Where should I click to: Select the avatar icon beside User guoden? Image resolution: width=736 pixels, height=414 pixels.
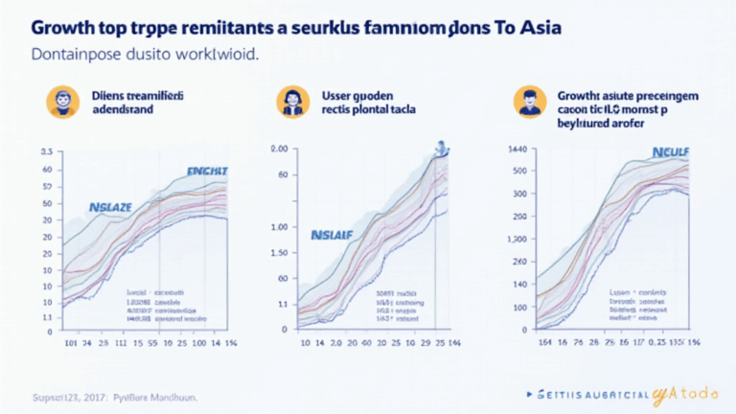tap(290, 102)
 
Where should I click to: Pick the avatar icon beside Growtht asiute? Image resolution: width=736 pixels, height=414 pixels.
tap(527, 102)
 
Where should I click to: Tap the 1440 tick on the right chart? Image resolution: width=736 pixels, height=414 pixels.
tap(517, 150)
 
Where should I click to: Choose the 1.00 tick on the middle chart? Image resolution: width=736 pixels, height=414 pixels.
tap(279, 228)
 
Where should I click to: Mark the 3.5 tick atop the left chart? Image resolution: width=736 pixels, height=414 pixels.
tap(46, 151)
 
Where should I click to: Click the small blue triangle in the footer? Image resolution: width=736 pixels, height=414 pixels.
tap(530, 393)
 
